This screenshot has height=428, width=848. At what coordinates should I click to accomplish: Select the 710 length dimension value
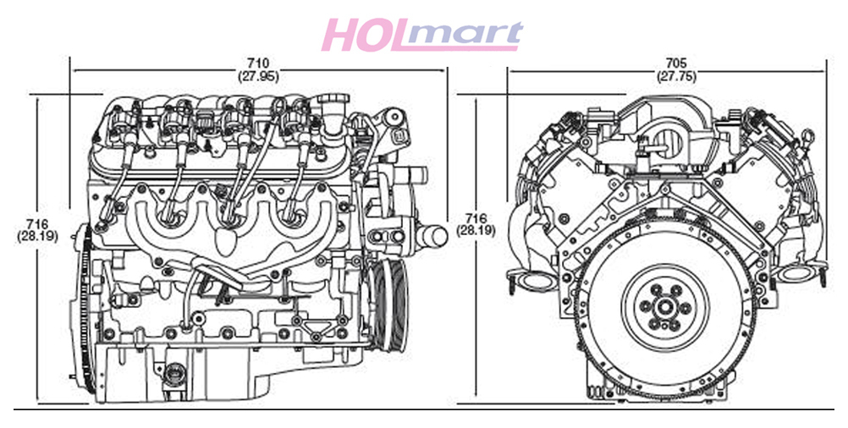(x=258, y=63)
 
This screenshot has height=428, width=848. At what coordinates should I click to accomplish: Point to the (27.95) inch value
(x=258, y=76)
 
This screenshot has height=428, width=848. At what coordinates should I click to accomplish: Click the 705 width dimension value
(x=676, y=63)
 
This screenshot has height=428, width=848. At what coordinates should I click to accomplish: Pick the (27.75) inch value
(x=676, y=76)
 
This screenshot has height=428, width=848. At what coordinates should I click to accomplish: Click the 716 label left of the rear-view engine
(x=476, y=218)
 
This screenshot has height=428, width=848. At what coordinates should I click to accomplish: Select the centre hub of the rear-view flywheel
(x=664, y=308)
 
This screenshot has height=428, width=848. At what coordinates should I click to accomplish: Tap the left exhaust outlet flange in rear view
(x=531, y=280)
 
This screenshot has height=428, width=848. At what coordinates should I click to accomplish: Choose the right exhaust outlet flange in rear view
(x=799, y=273)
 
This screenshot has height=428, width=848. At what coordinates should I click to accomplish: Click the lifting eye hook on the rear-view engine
(x=808, y=137)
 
